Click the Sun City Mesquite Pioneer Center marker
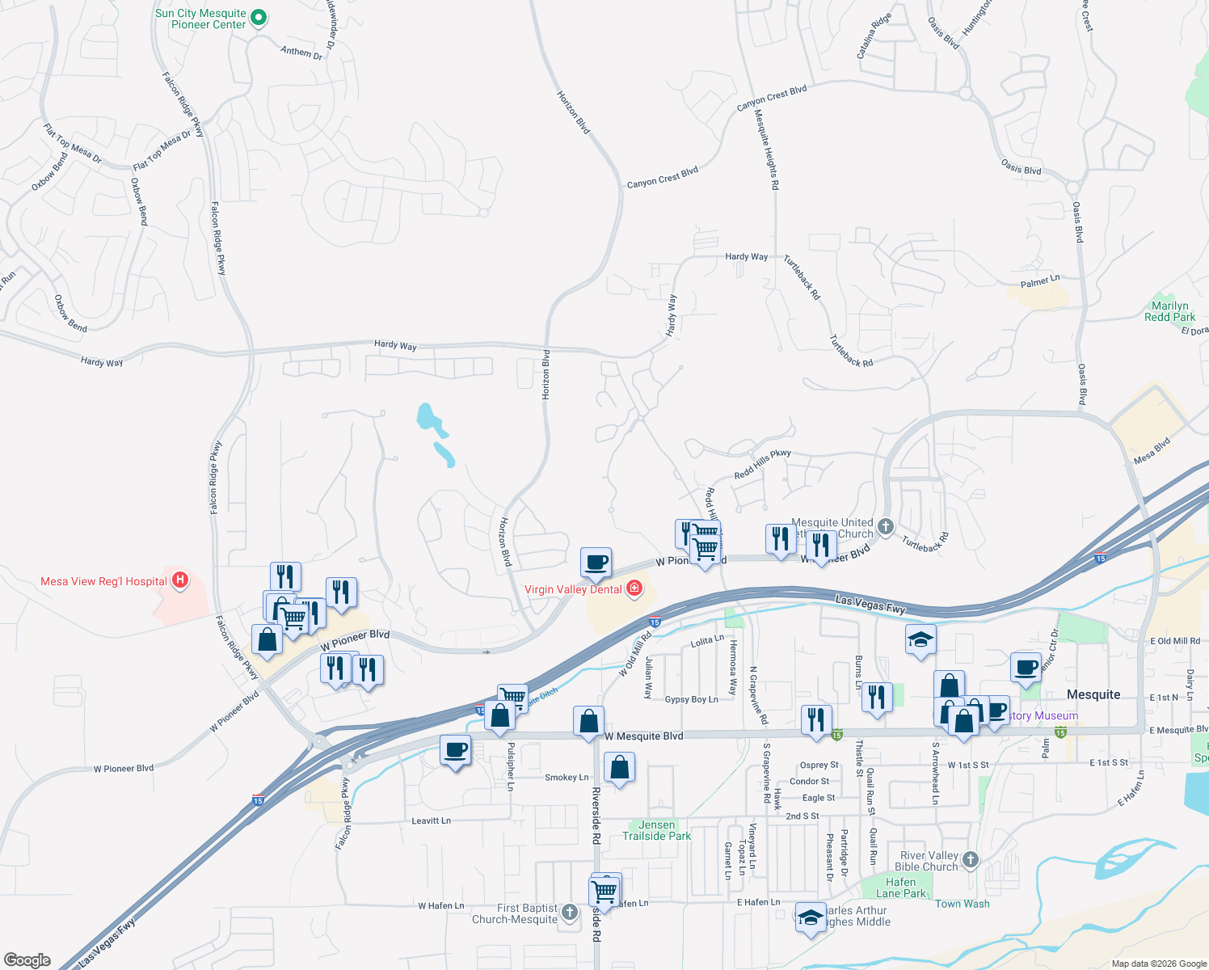pyautogui.click(x=258, y=18)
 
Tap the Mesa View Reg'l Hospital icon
pyautogui.click(x=180, y=580)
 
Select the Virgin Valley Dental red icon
pyautogui.click(x=634, y=588)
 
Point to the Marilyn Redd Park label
pyautogui.click(x=1169, y=311)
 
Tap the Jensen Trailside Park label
pyautogui.click(x=656, y=830)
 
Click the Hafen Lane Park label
pyautogui.click(x=900, y=888)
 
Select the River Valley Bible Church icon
pyautogui.click(x=971, y=859)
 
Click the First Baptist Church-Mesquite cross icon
pyautogui.click(x=570, y=913)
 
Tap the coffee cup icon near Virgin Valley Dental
pyautogui.click(x=596, y=563)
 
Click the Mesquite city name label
pyautogui.click(x=1093, y=694)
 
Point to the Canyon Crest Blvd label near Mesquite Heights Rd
pyautogui.click(x=771, y=98)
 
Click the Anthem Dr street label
pyautogui.click(x=301, y=53)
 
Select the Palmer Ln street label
pyautogui.click(x=1039, y=282)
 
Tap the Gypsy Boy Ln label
pyautogui.click(x=691, y=699)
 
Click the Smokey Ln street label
pyautogui.click(x=567, y=777)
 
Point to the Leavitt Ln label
pyautogui.click(x=431, y=820)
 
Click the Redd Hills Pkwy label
pyautogui.click(x=762, y=465)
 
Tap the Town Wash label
pyautogui.click(x=962, y=904)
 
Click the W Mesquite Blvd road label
pyautogui.click(x=643, y=736)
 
